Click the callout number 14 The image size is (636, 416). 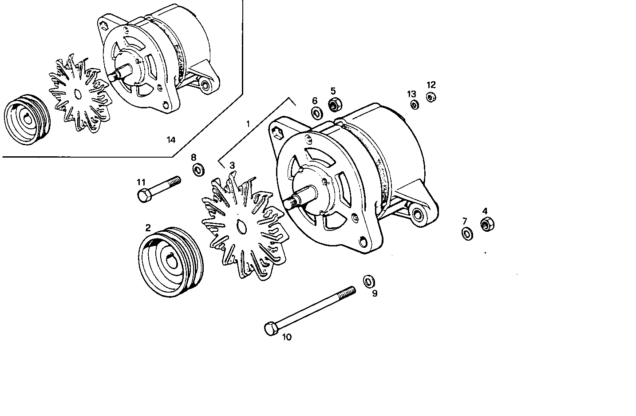(171, 140)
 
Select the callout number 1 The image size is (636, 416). (248, 124)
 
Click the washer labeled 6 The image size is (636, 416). (316, 113)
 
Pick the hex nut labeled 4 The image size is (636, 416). (487, 225)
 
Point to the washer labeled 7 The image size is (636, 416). (467, 234)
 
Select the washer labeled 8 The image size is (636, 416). (198, 169)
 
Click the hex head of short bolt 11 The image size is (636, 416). (143, 195)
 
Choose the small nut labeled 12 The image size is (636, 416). (431, 97)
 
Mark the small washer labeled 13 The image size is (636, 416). (415, 105)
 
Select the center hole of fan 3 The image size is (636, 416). (242, 227)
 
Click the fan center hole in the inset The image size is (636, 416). (77, 94)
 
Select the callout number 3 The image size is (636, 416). (232, 166)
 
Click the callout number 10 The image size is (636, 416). (287, 337)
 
